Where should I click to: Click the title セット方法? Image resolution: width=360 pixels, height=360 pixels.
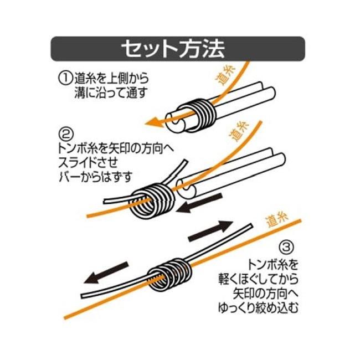(x=173, y=49)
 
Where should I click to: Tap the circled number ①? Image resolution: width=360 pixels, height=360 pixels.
(x=65, y=78)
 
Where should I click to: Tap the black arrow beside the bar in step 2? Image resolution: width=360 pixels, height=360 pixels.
(x=200, y=203)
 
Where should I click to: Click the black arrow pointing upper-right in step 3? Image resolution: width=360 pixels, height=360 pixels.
(x=210, y=230)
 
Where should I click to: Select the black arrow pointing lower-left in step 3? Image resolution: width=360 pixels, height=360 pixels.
(x=106, y=272)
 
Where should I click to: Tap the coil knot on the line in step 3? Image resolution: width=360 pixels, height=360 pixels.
(x=169, y=274)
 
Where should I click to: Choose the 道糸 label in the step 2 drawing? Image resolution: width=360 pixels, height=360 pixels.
(x=239, y=131)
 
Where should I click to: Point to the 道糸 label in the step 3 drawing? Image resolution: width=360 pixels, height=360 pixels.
(x=276, y=220)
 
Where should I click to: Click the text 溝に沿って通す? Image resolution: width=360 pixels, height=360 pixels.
(x=110, y=93)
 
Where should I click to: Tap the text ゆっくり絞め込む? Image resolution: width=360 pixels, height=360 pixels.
(x=258, y=307)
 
